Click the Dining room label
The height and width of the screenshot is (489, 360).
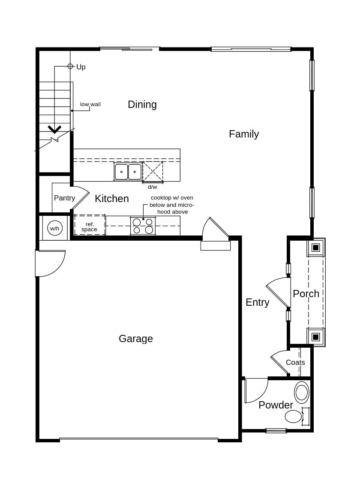tap(142, 104)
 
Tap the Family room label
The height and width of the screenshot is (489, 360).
tap(243, 134)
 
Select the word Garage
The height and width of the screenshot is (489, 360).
tap(135, 339)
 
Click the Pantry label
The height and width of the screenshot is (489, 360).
tap(64, 198)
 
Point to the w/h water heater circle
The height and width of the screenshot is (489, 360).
tap(55, 228)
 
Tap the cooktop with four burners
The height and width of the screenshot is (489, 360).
tap(143, 226)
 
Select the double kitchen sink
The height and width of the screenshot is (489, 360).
tap(128, 172)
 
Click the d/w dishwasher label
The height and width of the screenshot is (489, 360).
tap(152, 187)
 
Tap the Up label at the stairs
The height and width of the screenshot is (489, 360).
tap(81, 67)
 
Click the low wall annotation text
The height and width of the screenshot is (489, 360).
tap(90, 104)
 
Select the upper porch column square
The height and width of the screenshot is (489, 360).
tap(315, 247)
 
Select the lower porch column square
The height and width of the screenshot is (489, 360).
tap(315, 337)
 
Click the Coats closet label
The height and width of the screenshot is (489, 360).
tap(295, 363)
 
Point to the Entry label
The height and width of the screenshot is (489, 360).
tap(257, 302)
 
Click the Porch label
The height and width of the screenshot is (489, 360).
tap(306, 294)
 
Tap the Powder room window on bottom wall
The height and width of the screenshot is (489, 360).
tap(276, 431)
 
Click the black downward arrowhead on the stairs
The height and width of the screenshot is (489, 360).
tap(54, 129)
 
